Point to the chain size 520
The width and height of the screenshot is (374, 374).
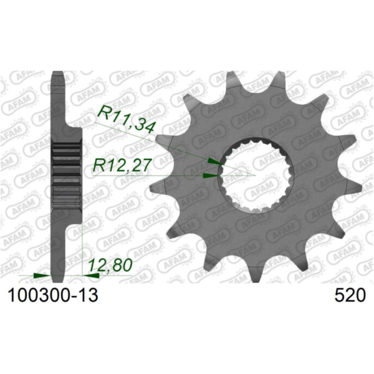click(x=350, y=295)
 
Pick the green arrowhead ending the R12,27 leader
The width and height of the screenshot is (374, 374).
click(x=213, y=175)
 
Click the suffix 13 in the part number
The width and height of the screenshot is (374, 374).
click(x=88, y=295)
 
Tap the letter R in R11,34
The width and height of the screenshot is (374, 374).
click(x=103, y=115)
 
